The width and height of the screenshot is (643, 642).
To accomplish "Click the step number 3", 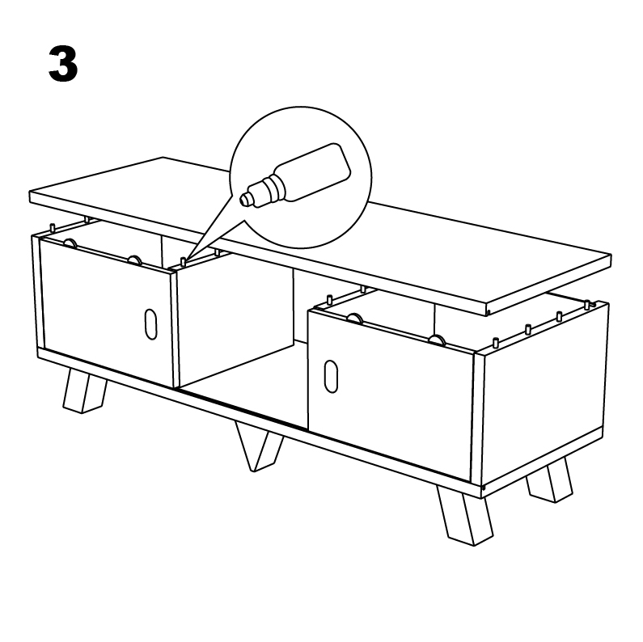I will pyautogui.click(x=63, y=65).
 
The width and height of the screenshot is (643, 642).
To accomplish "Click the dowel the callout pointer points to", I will pyautogui.click(x=184, y=261).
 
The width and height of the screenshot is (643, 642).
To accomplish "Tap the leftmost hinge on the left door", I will pyautogui.click(x=70, y=243).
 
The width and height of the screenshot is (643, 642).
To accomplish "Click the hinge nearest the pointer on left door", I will pyautogui.click(x=133, y=260).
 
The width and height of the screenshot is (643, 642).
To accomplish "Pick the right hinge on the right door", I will pyautogui.click(x=438, y=340).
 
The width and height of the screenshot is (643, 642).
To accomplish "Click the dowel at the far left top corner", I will pyautogui.click(x=52, y=227).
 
